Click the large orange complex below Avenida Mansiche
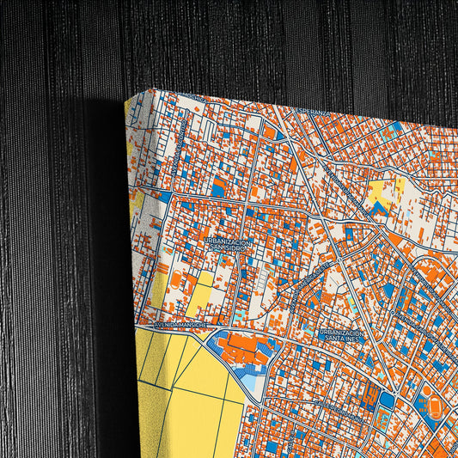tap(245, 348)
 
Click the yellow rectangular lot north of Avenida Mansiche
tap(200, 297)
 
